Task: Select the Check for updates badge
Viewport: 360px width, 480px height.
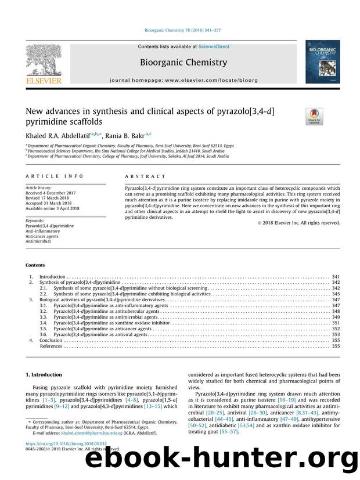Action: point(314,117)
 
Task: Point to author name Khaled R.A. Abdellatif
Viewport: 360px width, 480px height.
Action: point(65,136)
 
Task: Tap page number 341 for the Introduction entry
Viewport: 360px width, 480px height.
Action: point(335,277)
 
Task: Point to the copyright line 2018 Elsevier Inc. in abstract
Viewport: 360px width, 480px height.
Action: point(308,222)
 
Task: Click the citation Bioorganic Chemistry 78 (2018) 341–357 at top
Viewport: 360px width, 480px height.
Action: point(181,30)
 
